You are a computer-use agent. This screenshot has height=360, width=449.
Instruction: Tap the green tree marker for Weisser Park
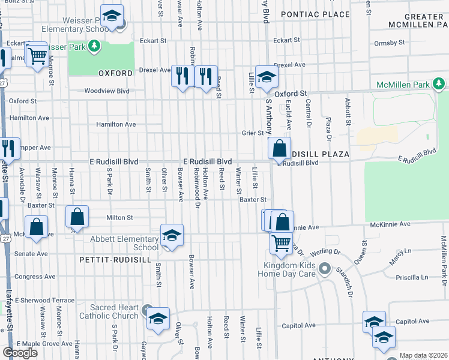[94, 46]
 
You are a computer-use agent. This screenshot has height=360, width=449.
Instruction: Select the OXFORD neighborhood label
[115, 73]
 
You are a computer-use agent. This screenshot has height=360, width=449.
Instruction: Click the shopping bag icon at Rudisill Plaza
[280, 148]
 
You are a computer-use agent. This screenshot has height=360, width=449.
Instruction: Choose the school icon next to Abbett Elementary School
[172, 236]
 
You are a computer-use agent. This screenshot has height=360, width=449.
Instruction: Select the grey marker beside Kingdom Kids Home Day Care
[325, 268]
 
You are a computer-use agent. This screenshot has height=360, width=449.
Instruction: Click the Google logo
[20, 352]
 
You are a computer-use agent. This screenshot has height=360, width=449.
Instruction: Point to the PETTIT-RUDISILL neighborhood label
[110, 260]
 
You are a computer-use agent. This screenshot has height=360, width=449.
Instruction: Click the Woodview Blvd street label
[107, 91]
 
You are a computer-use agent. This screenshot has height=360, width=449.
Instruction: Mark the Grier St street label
[253, 133]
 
